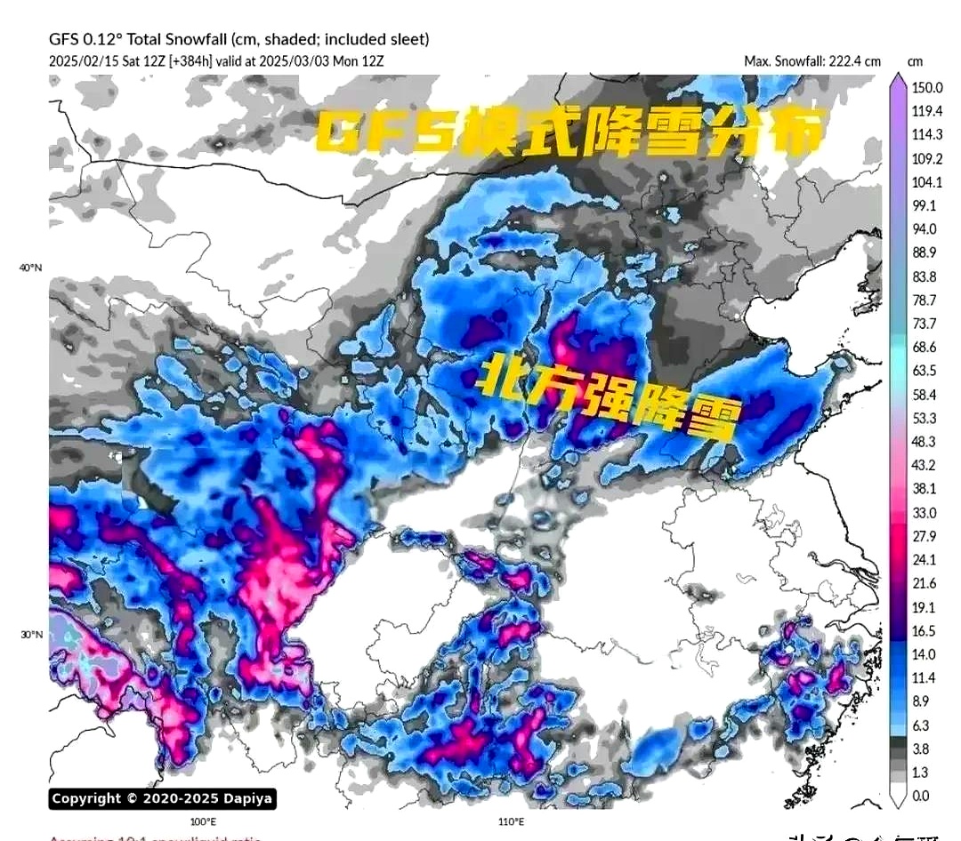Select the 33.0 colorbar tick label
click(x=924, y=512)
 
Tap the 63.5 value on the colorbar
click(x=924, y=371)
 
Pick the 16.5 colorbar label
click(x=924, y=630)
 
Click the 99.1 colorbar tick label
click(x=924, y=205)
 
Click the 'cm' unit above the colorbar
click(x=915, y=61)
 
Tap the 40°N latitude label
click(x=31, y=268)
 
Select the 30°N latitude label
click(x=31, y=635)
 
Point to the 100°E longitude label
click(x=203, y=821)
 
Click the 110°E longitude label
click(x=511, y=821)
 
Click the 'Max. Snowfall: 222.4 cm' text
click(x=812, y=61)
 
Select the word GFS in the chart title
click(x=64, y=39)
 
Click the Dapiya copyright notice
click(x=162, y=798)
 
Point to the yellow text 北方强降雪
click(x=610, y=397)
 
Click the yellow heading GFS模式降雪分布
click(x=569, y=132)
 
